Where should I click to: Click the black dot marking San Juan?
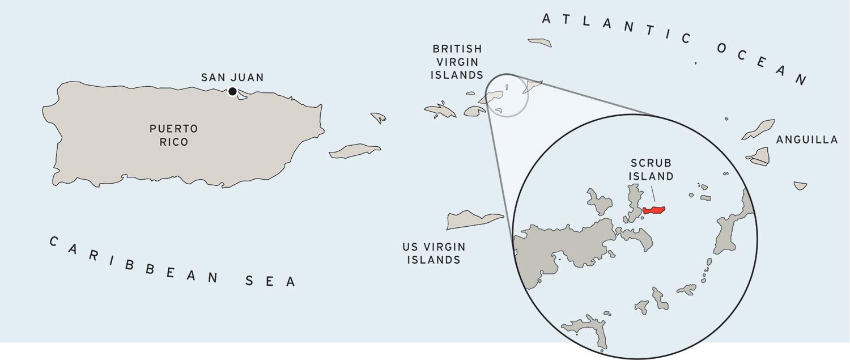point(232,91)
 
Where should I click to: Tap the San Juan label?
point(232,78)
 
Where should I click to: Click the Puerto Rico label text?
point(174,135)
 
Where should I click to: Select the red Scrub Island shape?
point(654,210)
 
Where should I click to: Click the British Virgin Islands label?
point(457,62)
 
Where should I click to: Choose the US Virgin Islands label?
point(434,253)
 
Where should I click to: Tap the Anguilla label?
point(807,140)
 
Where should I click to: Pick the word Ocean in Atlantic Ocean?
point(762,62)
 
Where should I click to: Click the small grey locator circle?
point(507,95)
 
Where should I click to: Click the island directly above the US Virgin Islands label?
point(474,220)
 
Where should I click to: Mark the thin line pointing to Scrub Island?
point(653,194)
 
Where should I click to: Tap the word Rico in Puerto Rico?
point(174,142)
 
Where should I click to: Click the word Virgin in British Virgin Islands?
point(457,62)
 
